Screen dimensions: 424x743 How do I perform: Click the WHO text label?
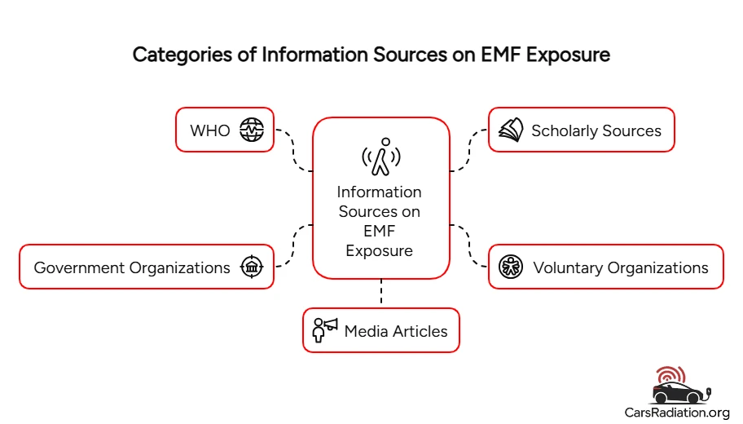(x=210, y=130)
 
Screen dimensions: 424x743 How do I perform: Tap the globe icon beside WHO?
(x=252, y=130)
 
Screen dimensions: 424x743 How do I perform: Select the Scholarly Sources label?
(x=596, y=130)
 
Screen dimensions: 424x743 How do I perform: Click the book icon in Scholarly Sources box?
(x=511, y=130)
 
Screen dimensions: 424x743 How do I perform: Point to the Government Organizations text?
(x=132, y=267)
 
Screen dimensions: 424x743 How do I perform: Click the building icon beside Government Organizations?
(x=252, y=267)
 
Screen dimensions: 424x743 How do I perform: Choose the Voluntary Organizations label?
(x=620, y=267)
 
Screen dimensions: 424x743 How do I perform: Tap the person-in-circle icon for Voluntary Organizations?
(x=511, y=267)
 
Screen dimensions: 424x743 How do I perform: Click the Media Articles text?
(x=396, y=331)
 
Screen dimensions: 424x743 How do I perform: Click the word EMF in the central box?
(x=380, y=232)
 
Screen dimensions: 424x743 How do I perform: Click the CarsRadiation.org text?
(x=677, y=413)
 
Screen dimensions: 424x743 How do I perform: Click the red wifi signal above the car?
(x=670, y=375)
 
